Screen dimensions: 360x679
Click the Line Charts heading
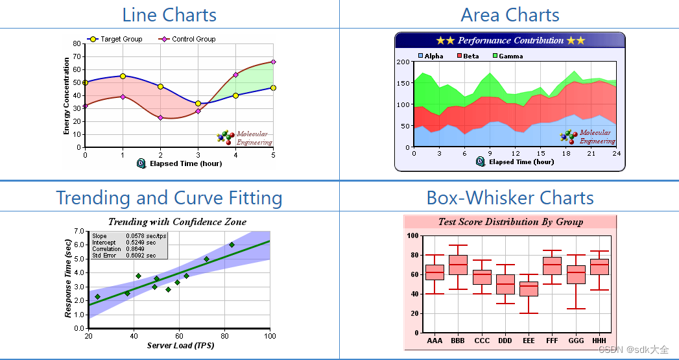(x=169, y=14)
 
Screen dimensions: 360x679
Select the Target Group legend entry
(x=121, y=39)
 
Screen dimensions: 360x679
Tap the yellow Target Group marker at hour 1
(x=123, y=77)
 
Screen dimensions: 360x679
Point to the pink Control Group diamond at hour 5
(x=273, y=62)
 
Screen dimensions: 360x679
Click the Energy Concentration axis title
(x=67, y=96)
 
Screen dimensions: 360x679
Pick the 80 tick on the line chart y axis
(x=77, y=44)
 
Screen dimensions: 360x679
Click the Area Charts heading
(x=510, y=14)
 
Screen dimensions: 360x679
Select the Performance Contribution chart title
(x=510, y=40)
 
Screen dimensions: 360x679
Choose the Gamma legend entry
(x=510, y=56)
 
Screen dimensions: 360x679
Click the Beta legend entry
(x=471, y=56)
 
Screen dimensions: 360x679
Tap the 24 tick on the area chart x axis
(x=616, y=153)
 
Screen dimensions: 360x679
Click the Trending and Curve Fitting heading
(x=169, y=197)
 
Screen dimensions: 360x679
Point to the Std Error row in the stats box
(x=125, y=256)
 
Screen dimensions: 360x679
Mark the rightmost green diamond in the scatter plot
(x=232, y=245)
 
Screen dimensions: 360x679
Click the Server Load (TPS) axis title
(x=180, y=345)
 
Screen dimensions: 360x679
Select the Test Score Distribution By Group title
(x=510, y=222)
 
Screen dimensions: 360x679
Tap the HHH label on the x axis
(x=599, y=340)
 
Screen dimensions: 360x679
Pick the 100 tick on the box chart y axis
(x=412, y=235)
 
